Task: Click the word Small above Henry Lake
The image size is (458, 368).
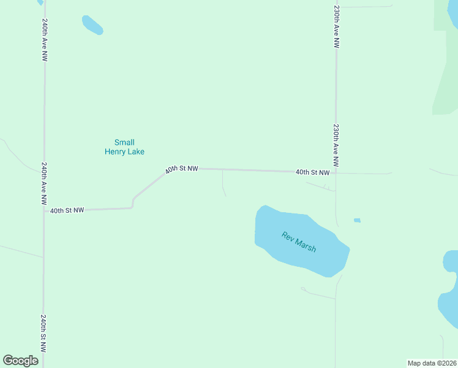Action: click(x=124, y=142)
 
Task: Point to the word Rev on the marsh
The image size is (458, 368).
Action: click(x=288, y=236)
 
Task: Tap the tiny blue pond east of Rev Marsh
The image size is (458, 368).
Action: click(x=357, y=220)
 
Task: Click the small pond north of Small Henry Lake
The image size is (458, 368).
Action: click(x=92, y=25)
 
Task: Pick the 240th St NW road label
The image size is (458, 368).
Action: click(x=44, y=333)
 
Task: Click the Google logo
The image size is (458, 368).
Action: click(x=20, y=361)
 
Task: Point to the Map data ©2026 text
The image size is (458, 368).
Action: click(x=432, y=363)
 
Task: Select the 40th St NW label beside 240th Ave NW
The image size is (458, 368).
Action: click(x=67, y=210)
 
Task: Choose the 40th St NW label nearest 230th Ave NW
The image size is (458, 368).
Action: click(x=312, y=173)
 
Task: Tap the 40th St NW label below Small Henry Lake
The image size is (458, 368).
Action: click(x=181, y=169)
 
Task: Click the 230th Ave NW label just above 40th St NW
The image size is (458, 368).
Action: click(x=336, y=145)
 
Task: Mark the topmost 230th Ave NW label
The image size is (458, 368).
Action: click(x=336, y=28)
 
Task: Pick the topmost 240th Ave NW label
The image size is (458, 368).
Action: click(x=45, y=39)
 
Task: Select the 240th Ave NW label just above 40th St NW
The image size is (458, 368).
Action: click(x=44, y=183)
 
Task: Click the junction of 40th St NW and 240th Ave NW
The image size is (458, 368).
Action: click(x=44, y=210)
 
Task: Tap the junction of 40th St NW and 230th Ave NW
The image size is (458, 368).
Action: click(x=336, y=173)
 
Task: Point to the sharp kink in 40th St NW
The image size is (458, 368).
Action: click(x=133, y=201)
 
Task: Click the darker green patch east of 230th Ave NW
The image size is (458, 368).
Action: click(x=446, y=86)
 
